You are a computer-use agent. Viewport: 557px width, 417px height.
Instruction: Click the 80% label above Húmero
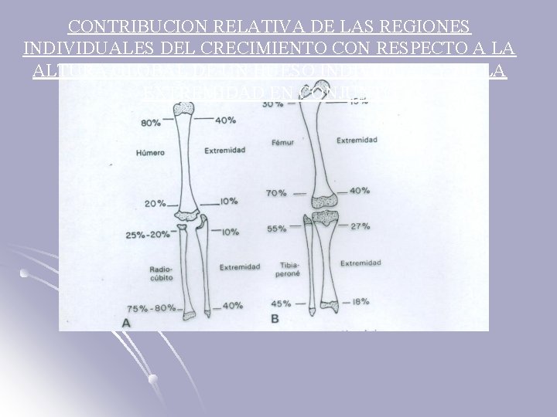click(151, 122)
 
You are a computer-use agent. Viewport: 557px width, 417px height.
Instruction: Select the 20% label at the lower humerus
click(155, 204)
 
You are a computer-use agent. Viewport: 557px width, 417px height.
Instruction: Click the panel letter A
click(126, 324)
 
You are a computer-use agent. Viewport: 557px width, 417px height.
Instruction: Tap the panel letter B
click(275, 319)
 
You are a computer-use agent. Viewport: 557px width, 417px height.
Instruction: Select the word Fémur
click(283, 143)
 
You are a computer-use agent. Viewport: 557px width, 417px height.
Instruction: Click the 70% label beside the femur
click(276, 193)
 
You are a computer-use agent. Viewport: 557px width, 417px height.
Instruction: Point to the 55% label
click(276, 229)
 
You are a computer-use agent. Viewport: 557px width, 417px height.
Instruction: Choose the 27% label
click(360, 226)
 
